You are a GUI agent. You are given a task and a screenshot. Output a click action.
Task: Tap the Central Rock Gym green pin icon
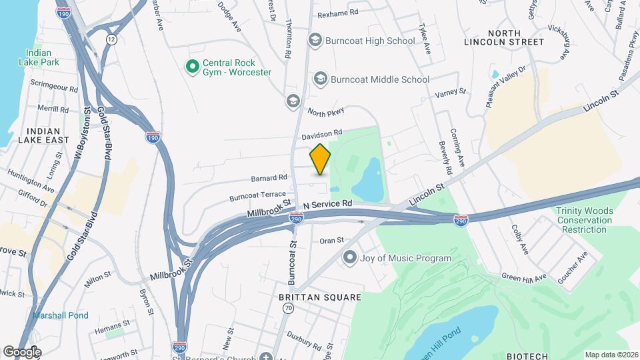point(193,67)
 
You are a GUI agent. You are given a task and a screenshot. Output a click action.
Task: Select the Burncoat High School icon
point(315,41)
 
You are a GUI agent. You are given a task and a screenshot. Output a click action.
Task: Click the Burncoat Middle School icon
point(321,79)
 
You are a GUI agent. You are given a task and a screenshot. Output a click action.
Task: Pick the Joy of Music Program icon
point(349,257)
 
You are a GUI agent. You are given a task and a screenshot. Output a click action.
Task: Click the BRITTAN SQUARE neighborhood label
point(320,297)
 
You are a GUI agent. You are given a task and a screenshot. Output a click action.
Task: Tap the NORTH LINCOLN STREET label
point(515,37)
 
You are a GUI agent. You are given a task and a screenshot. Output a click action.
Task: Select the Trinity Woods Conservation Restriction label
point(584,221)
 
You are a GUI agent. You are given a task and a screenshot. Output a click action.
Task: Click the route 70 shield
point(288,308)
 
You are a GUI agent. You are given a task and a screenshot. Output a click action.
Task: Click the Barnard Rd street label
point(269,178)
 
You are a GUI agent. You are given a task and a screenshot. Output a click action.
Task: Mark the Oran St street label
point(331,241)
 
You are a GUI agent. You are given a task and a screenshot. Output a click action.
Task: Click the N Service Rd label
point(327,203)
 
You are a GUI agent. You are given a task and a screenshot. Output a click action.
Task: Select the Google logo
point(22,352)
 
